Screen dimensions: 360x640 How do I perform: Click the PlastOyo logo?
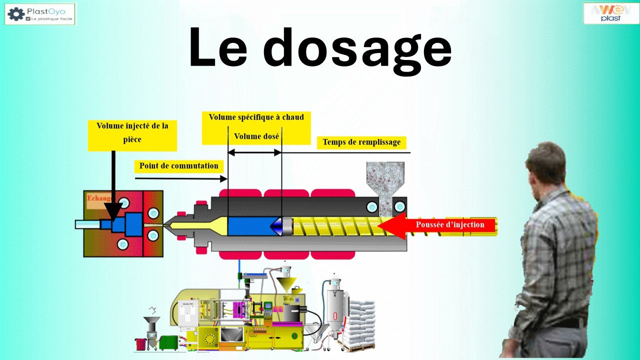[40, 14]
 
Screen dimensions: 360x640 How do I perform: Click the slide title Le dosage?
[320, 48]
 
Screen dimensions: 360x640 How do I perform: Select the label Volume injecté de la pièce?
[132, 132]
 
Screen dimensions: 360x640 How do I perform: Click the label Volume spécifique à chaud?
[256, 117]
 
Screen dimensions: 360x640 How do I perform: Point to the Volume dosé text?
[256, 136]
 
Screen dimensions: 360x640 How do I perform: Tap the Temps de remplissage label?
[361, 142]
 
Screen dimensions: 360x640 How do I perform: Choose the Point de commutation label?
[178, 166]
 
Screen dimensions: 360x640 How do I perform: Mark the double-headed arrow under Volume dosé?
[254, 152]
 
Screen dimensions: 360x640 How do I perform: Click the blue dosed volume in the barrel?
[249, 226]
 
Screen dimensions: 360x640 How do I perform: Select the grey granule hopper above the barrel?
[385, 180]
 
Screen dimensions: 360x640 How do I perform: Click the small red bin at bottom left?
[140, 344]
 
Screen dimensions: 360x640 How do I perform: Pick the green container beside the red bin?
[167, 342]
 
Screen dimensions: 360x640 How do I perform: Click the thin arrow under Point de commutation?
[180, 178]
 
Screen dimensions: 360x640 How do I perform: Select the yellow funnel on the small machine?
[286, 285]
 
